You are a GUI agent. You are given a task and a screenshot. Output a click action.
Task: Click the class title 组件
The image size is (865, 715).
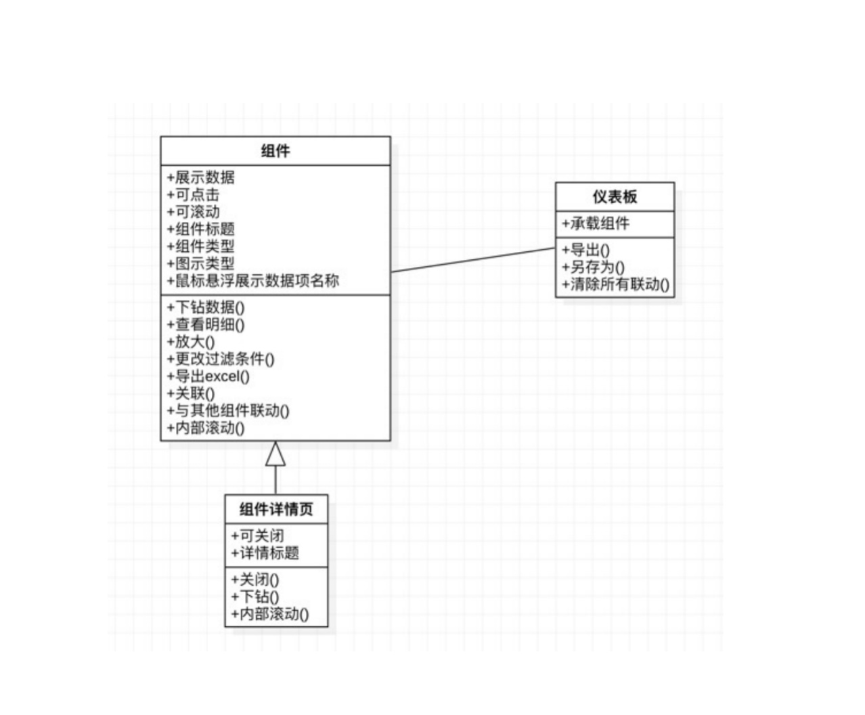(275, 151)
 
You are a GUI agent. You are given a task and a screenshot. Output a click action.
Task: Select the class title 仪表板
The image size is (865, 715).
(615, 196)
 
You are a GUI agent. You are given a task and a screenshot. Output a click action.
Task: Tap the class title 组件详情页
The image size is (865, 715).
(276, 509)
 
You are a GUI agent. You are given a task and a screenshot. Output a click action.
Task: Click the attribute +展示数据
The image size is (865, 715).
(200, 177)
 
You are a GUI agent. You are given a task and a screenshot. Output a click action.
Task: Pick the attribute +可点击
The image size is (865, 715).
(193, 194)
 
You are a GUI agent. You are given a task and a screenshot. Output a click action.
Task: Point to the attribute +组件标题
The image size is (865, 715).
(200, 229)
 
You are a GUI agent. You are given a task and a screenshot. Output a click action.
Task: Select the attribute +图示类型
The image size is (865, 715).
(200, 263)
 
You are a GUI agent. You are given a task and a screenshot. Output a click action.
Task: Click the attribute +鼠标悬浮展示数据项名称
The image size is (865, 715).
(252, 280)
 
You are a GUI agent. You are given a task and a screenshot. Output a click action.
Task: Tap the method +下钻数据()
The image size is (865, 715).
(206, 307)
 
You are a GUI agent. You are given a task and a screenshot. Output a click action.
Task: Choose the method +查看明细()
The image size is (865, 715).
(206, 324)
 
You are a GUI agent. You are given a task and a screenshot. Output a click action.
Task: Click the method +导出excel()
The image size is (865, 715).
(208, 376)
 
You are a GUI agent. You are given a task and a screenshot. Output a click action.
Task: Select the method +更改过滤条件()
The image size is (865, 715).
(221, 359)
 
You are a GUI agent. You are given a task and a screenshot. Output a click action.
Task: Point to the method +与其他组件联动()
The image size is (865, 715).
(228, 411)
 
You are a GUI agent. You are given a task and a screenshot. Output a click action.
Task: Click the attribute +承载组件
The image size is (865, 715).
(596, 223)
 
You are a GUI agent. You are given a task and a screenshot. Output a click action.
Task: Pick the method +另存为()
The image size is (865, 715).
(593, 267)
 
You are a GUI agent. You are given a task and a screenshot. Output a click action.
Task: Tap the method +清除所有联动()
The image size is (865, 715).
(615, 284)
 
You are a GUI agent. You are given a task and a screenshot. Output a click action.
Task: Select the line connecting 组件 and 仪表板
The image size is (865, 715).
(473, 260)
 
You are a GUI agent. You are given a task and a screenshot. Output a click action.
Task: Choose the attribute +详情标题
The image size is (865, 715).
(265, 553)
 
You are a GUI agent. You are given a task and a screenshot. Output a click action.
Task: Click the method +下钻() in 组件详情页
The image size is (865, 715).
(254, 597)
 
